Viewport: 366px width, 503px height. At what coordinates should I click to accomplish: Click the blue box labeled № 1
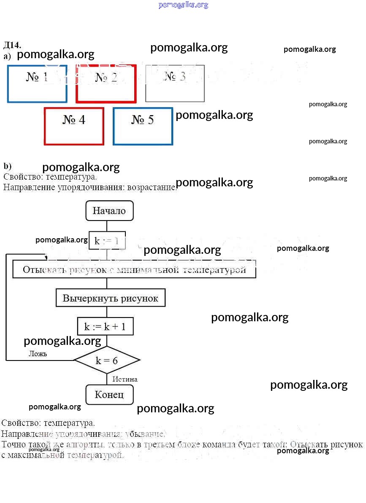click(x=37, y=84)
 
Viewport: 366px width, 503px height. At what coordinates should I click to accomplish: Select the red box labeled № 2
click(x=106, y=83)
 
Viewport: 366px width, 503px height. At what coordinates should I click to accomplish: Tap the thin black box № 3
click(x=175, y=83)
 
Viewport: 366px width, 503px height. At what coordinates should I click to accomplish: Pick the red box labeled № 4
click(x=74, y=126)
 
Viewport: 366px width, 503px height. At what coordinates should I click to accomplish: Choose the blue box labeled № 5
click(x=143, y=126)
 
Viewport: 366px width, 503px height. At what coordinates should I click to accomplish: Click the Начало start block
click(x=109, y=210)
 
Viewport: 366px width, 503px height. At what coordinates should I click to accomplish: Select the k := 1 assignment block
click(x=107, y=241)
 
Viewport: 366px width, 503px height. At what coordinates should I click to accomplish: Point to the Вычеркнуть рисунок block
click(x=110, y=299)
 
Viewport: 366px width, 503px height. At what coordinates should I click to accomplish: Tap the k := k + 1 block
click(x=108, y=326)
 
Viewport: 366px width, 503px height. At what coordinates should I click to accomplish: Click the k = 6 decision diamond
click(x=107, y=360)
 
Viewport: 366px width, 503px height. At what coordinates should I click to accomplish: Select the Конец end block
click(x=109, y=395)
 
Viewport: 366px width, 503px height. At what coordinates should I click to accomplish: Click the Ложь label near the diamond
click(x=38, y=354)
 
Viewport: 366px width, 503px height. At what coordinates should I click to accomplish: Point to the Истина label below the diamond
click(x=125, y=379)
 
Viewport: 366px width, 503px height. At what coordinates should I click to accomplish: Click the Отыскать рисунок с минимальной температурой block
click(x=134, y=270)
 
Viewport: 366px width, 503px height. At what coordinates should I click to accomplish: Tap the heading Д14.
click(x=12, y=45)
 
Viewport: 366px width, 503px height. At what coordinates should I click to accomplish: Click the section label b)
click(x=7, y=166)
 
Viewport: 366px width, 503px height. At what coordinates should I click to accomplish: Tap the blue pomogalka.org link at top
click(x=183, y=5)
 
